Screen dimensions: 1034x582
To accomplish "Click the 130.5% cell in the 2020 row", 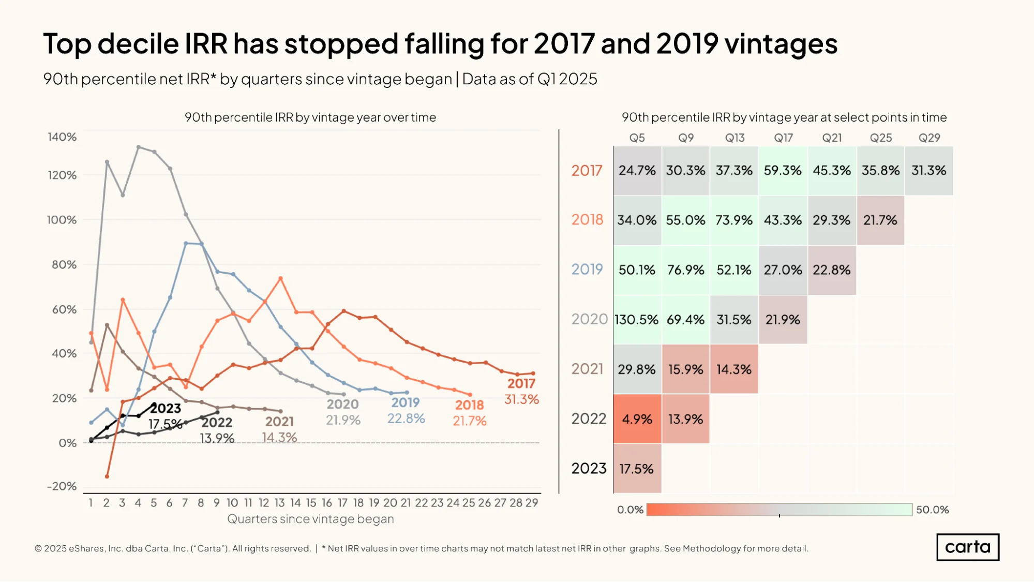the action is pos(637,320).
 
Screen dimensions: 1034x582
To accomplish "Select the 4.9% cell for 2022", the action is pos(637,419).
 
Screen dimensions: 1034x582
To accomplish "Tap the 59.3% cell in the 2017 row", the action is pos(783,171).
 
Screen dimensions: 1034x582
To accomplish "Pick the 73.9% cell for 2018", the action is pos(734,220).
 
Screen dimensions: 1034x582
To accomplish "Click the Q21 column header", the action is pos(832,138).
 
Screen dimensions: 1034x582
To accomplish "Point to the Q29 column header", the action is pos(929,138).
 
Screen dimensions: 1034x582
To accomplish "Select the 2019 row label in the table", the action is pos(587,270).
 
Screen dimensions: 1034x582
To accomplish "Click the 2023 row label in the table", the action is pos(589,469).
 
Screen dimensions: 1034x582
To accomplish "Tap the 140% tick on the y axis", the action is pos(62,137).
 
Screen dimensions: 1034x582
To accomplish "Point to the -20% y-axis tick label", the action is pos(62,486).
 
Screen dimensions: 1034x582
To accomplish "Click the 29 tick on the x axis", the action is pos(532,503).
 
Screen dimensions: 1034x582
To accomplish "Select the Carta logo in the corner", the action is pos(968,547).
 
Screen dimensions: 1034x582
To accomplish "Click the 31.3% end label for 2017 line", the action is pos(521,399).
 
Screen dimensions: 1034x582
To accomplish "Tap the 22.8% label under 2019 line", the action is pos(406,419).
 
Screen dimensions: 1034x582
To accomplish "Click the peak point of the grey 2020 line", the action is pos(139,147).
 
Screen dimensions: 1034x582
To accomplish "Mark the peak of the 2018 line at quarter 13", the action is pos(280,278).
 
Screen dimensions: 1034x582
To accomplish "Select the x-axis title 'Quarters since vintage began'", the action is pos(310,519).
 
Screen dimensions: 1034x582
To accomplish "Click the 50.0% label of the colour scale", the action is pos(933,510).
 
